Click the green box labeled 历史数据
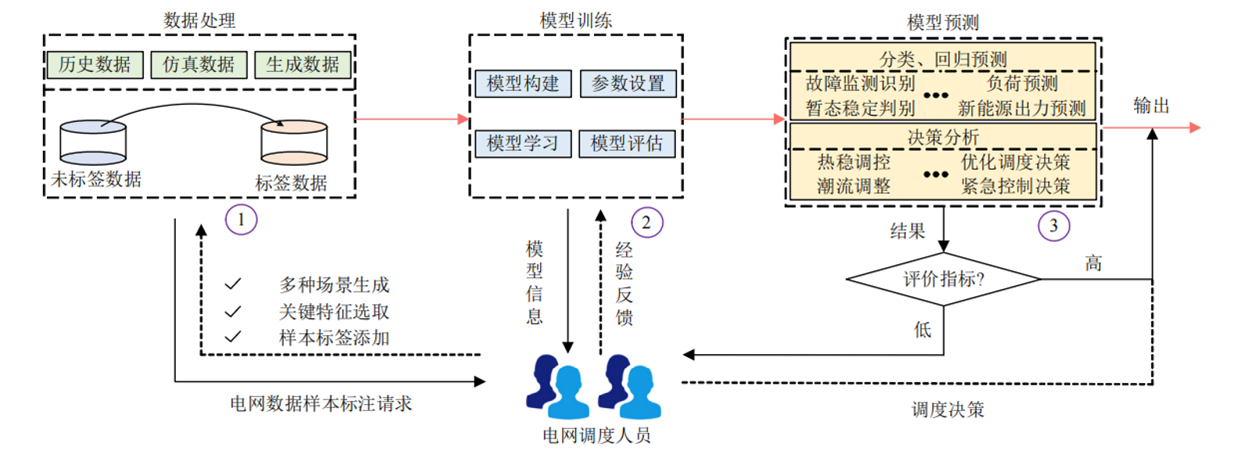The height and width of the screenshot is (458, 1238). tap(95, 65)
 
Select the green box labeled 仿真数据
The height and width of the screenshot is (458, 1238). tap(199, 65)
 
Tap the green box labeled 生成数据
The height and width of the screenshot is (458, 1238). tap(302, 65)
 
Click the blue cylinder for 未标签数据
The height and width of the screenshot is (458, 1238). tap(93, 142)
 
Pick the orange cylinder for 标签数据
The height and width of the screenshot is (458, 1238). tap(294, 142)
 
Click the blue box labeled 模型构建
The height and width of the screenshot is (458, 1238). tap(523, 84)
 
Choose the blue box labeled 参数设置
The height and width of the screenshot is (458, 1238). tap(628, 84)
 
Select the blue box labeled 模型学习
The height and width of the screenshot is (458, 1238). tap(523, 144)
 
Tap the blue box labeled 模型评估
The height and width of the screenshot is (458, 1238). tap(627, 144)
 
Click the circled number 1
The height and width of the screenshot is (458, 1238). tap(241, 220)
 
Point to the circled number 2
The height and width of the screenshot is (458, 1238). tap(646, 223)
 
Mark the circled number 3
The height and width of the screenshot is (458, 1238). tap(1054, 226)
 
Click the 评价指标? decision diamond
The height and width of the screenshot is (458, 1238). tap(943, 279)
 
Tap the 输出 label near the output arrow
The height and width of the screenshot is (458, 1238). tap(1151, 106)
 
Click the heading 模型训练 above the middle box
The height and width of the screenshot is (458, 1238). tap(576, 21)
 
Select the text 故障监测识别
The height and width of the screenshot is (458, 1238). tap(860, 84)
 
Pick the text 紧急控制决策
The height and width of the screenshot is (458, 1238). tap(1015, 187)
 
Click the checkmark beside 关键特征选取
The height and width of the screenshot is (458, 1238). tap(233, 312)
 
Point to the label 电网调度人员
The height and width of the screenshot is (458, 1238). tap(596, 436)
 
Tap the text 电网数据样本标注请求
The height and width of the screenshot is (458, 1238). tap(320, 404)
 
